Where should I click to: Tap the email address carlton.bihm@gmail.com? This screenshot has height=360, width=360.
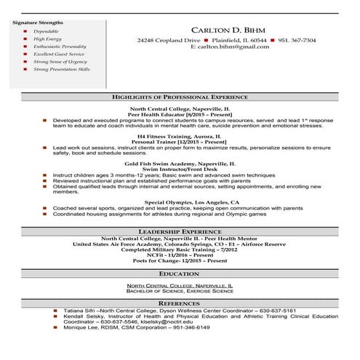click(230, 47)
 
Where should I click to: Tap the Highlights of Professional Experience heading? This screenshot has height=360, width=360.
click(179, 96)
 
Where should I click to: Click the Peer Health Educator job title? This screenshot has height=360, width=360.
click(179, 114)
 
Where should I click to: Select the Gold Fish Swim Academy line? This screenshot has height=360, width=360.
click(179, 164)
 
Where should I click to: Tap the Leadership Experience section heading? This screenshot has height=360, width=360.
click(179, 231)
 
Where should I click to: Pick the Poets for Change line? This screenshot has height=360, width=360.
click(179, 260)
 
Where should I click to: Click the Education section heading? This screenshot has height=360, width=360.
click(179, 273)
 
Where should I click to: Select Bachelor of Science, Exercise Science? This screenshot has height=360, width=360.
click(179, 292)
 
